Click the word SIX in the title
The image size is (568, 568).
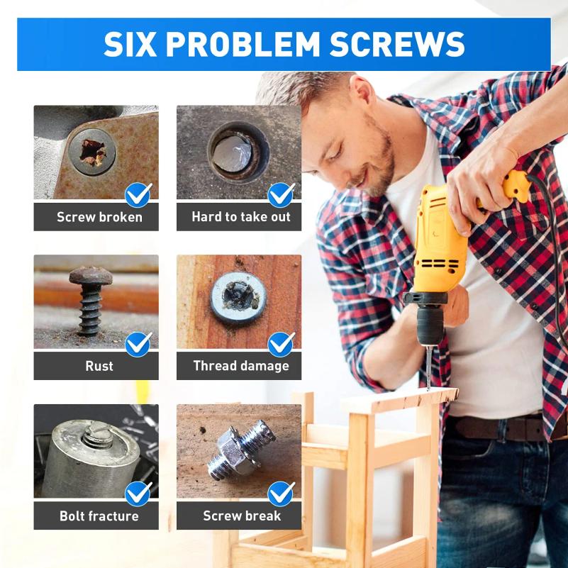pyautogui.click(x=130, y=44)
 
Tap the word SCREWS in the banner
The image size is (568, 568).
pyautogui.click(x=397, y=44)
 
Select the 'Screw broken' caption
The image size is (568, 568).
pyautogui.click(x=99, y=217)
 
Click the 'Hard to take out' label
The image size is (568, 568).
pyautogui.click(x=241, y=216)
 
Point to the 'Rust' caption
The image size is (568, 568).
pyautogui.click(x=99, y=366)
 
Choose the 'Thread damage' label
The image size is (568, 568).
pyautogui.click(x=241, y=366)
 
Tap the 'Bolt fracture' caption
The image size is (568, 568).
pyautogui.click(x=99, y=516)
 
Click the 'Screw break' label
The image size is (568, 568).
pyautogui.click(x=242, y=516)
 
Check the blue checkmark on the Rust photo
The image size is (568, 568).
pyautogui.click(x=139, y=344)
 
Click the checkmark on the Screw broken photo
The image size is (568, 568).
pyautogui.click(x=139, y=195)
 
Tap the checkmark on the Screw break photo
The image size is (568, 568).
pyautogui.click(x=282, y=494)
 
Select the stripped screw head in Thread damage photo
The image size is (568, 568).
pyautogui.click(x=239, y=298)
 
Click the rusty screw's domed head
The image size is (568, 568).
pyautogui.click(x=91, y=276)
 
